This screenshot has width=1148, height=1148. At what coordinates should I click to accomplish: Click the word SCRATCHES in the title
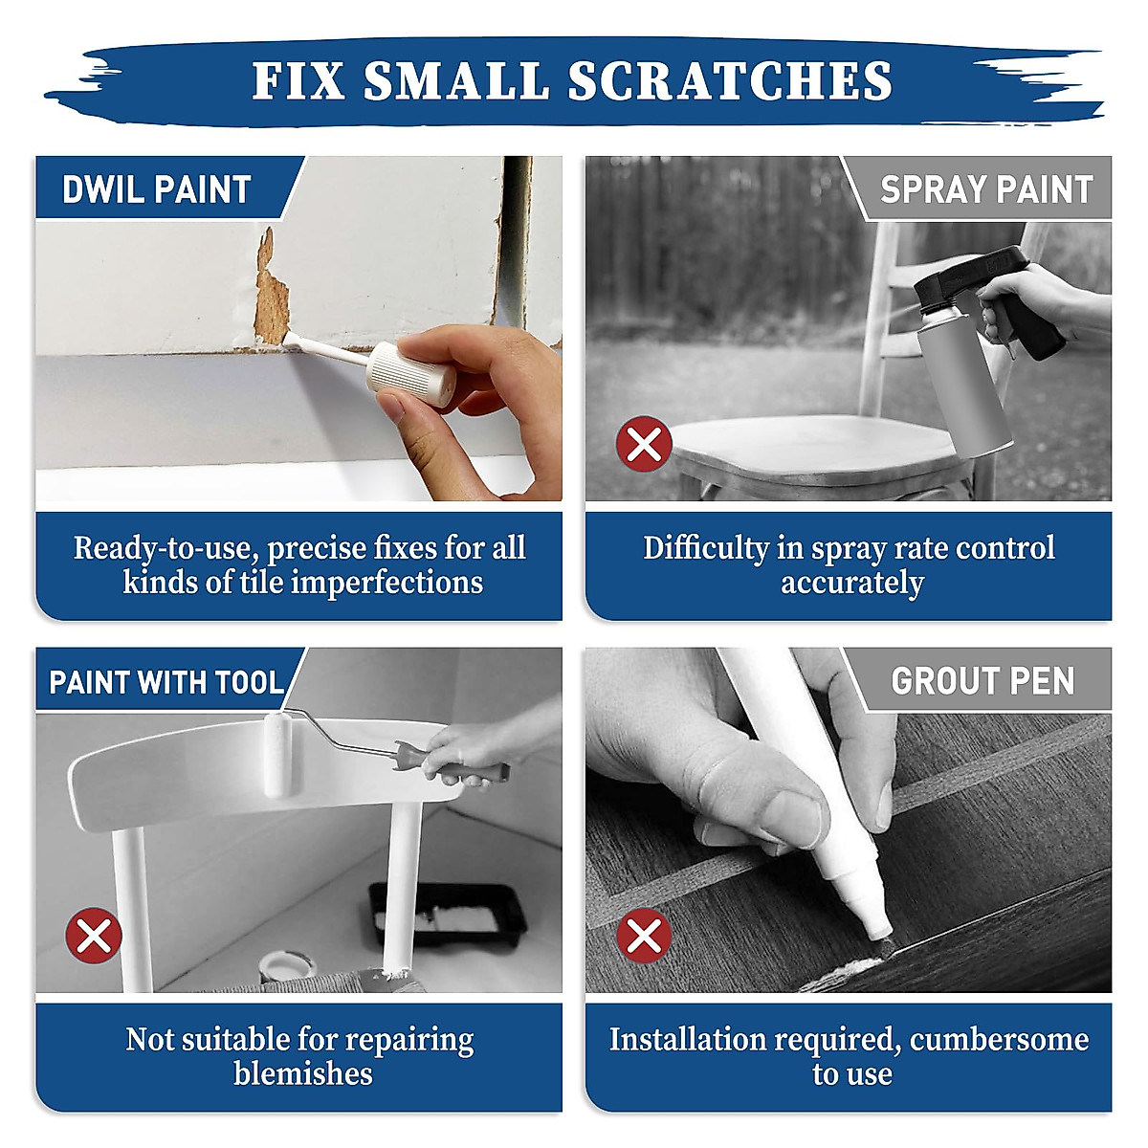[x=731, y=80]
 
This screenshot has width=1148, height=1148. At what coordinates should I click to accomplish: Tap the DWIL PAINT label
[x=156, y=189]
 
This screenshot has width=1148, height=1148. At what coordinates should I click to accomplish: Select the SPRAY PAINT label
[x=986, y=189]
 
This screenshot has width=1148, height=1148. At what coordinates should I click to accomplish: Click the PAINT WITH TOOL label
[x=166, y=682]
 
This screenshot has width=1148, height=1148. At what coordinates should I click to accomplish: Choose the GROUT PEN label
[x=982, y=681]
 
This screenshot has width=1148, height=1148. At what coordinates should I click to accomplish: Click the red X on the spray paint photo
[x=644, y=444]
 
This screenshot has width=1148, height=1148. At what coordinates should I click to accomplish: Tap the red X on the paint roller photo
[x=94, y=935]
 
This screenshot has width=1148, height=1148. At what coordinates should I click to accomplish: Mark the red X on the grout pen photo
[x=644, y=935]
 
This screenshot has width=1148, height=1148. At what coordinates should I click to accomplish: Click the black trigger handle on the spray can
[x=1019, y=306]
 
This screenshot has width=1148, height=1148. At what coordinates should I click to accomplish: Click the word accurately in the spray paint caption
[x=851, y=583]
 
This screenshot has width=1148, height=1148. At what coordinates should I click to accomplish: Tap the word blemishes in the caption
[x=302, y=1073]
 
